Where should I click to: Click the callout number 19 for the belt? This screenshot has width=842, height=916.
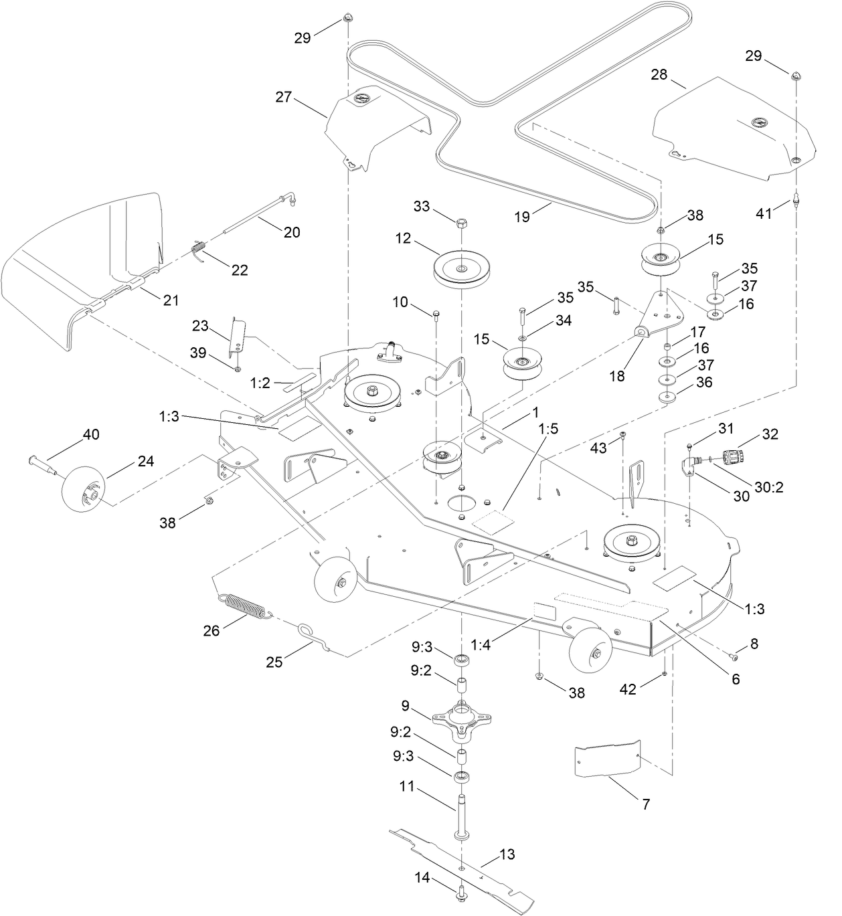(x=521, y=216)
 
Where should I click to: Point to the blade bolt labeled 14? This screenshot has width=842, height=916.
(x=462, y=894)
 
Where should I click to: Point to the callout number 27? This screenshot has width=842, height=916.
(x=284, y=97)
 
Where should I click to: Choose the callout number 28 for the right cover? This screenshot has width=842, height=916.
(x=659, y=74)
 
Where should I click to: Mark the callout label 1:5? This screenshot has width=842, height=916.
(x=547, y=429)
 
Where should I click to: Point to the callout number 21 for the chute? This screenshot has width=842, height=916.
(x=171, y=300)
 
